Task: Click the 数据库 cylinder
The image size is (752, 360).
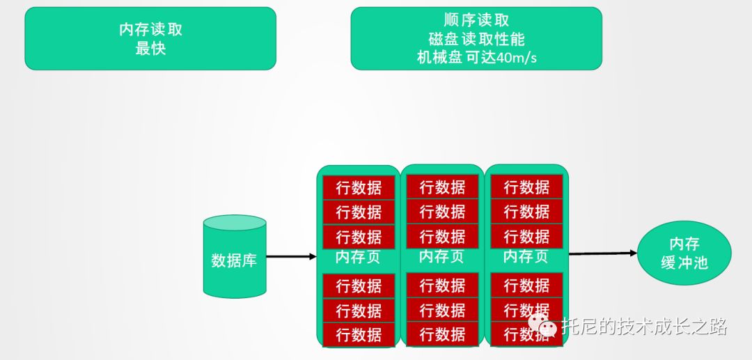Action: point(234,258)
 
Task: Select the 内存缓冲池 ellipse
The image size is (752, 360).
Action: point(684,253)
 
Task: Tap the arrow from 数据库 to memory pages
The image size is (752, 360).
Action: point(290,256)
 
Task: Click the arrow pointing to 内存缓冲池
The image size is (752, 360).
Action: point(602,253)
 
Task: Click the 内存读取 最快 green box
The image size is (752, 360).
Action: point(150,39)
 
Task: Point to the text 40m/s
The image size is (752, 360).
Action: point(516,58)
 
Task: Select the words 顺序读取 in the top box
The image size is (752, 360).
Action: point(476,21)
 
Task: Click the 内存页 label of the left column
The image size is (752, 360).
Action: point(358,257)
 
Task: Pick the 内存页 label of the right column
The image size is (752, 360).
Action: point(526,256)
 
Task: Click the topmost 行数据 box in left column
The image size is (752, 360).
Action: point(359,187)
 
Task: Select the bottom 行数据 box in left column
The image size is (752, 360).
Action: point(359,334)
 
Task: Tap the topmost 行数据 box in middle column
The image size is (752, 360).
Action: point(442,187)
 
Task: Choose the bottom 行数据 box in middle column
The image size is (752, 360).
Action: point(442,334)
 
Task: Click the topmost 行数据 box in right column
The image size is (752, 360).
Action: point(526,187)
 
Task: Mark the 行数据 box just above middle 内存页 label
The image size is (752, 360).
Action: point(442,236)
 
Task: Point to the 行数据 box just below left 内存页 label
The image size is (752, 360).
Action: point(359,285)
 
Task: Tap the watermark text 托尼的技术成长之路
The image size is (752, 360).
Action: point(644,326)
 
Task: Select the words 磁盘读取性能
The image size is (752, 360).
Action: point(476,39)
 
